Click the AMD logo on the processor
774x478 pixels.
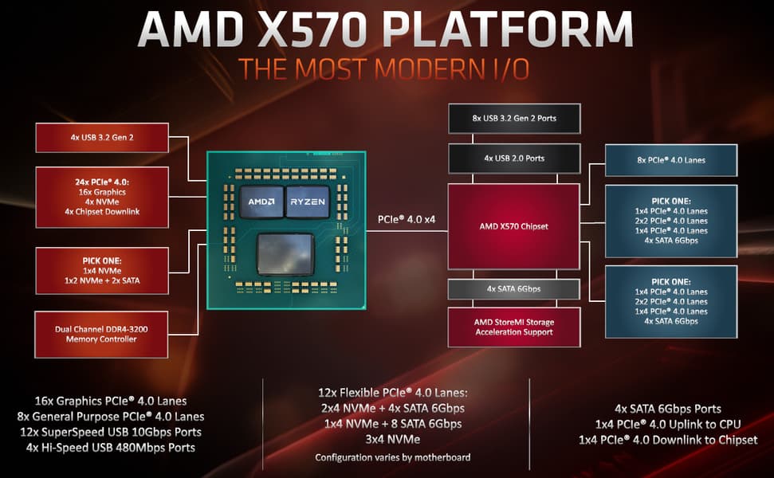click(x=261, y=202)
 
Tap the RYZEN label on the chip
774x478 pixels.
click(x=308, y=202)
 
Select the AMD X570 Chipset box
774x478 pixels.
click(x=513, y=226)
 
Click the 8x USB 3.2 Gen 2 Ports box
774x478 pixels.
click(x=514, y=119)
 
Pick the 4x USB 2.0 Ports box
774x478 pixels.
click(x=514, y=159)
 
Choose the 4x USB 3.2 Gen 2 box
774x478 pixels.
click(x=102, y=138)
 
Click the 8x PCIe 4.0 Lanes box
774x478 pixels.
click(x=671, y=160)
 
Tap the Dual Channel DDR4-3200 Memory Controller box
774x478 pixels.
click(x=101, y=335)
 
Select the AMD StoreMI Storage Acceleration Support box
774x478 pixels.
click(x=514, y=327)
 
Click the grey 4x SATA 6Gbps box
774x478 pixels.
click(x=514, y=289)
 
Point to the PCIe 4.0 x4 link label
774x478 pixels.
click(x=407, y=220)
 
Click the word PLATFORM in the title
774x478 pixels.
click(x=508, y=29)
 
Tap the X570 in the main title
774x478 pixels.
click(x=312, y=29)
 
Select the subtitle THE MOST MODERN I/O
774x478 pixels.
click(x=384, y=69)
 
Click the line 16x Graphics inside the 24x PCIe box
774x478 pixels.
click(x=102, y=192)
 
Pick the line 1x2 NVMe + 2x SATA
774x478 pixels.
click(x=102, y=280)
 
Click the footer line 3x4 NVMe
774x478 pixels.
click(x=393, y=439)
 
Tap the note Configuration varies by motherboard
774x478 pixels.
click(x=393, y=458)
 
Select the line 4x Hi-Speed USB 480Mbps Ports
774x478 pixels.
click(x=111, y=448)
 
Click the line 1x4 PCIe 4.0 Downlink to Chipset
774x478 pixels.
click(x=668, y=440)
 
